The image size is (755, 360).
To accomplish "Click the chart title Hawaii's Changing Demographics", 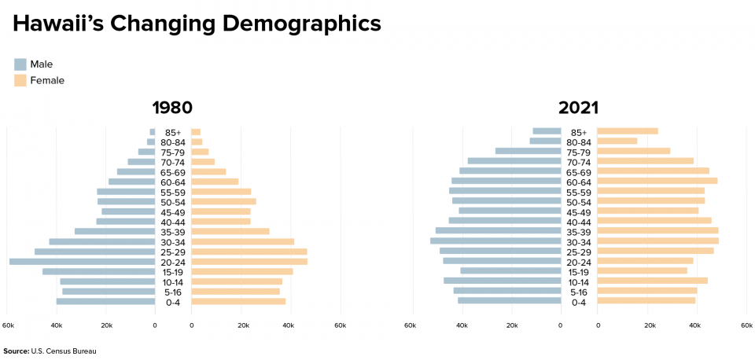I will click(x=197, y=24).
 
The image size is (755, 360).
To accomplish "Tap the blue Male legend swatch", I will click(x=20, y=64).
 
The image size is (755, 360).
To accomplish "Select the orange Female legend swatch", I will click(x=20, y=80).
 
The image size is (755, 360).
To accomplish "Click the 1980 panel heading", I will click(x=172, y=108).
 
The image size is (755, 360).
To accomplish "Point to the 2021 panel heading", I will click(x=578, y=108).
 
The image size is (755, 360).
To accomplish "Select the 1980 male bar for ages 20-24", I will click(x=82, y=262).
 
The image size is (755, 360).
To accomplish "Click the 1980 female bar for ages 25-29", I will click(x=249, y=252).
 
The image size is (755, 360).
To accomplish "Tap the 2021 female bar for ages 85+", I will click(x=627, y=131).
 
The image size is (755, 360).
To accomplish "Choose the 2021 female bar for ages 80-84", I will click(x=617, y=141).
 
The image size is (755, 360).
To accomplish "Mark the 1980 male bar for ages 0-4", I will click(x=105, y=302).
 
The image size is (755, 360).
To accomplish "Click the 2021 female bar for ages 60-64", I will click(x=657, y=181).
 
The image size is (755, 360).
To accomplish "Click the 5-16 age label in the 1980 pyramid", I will click(x=172, y=292).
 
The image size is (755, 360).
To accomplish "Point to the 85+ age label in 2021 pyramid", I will click(x=579, y=132).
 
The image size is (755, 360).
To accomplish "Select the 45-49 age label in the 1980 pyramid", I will click(x=172, y=211).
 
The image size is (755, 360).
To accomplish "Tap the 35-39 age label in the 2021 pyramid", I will click(x=579, y=232).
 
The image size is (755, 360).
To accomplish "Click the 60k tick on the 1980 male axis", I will click(x=9, y=325).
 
